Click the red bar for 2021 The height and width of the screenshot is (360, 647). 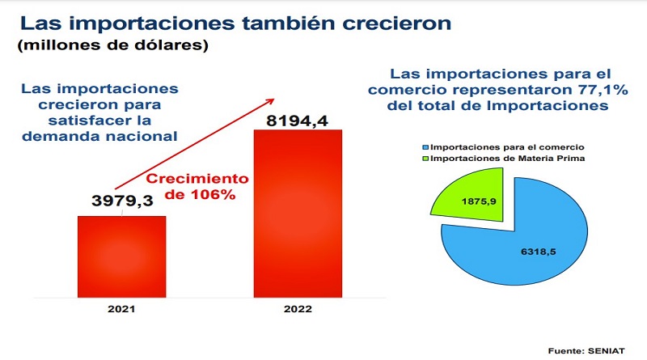(x=122, y=256)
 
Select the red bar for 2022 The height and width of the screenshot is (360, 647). (x=298, y=214)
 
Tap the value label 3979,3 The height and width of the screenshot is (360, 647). (x=123, y=201)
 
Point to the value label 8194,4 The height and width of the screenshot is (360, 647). (x=297, y=121)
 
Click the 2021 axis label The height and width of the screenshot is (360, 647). (x=121, y=309)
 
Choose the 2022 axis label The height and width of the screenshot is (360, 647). (x=298, y=309)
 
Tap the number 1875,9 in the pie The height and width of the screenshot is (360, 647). (x=479, y=201)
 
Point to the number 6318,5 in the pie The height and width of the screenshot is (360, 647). (x=538, y=252)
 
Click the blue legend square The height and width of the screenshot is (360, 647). (x=426, y=147)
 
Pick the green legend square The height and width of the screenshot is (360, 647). (x=426, y=159)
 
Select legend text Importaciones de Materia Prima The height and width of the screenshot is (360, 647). (x=508, y=159)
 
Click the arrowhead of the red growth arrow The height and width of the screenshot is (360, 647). (x=271, y=101)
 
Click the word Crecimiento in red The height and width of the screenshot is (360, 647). (x=197, y=179)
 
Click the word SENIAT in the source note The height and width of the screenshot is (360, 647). (x=606, y=351)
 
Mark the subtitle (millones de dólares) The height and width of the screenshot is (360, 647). (x=112, y=45)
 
